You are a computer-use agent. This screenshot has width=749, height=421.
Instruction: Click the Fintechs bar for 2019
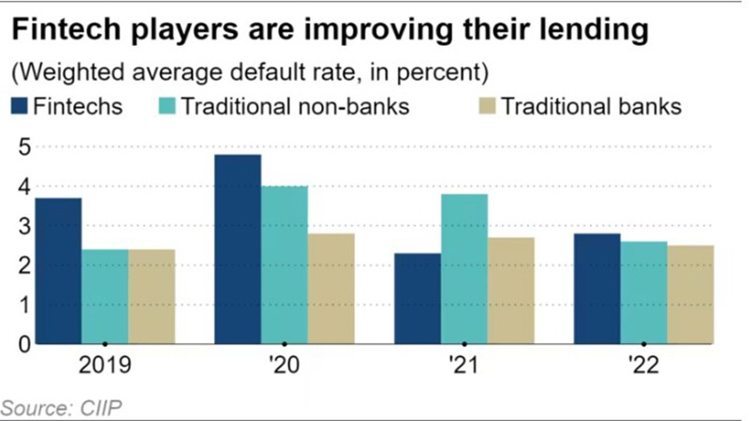point(58,271)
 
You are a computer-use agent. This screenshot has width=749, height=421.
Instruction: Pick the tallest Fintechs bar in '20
point(238,249)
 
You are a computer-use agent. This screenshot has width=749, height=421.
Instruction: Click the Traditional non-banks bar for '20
point(285,265)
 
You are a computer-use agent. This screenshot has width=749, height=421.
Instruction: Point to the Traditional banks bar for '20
point(331,289)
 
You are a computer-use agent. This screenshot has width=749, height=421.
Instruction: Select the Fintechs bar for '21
point(418,299)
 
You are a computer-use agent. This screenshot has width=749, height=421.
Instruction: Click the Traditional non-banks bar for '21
point(464,269)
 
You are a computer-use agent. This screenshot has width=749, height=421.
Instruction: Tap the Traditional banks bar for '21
point(511,291)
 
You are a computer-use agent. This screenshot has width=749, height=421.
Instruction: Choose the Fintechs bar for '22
point(597,289)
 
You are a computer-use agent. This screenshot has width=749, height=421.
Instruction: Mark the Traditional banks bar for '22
point(691,294)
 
